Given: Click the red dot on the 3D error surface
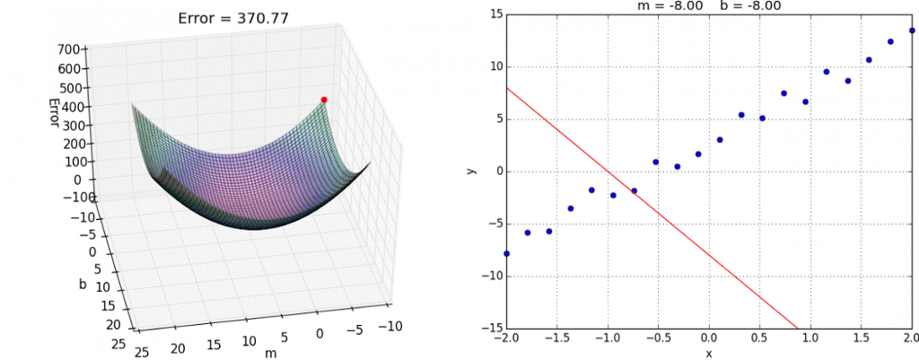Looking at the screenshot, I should [324, 100].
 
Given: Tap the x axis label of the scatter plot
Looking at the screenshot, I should [708, 354].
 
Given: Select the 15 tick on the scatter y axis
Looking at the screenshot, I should [493, 13].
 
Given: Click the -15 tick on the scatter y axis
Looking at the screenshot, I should [490, 328].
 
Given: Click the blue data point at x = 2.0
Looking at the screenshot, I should [912, 31].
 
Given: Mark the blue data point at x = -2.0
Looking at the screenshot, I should [506, 254].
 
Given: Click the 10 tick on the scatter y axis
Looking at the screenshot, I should [493, 66].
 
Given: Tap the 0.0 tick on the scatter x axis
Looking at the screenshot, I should [708, 339].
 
